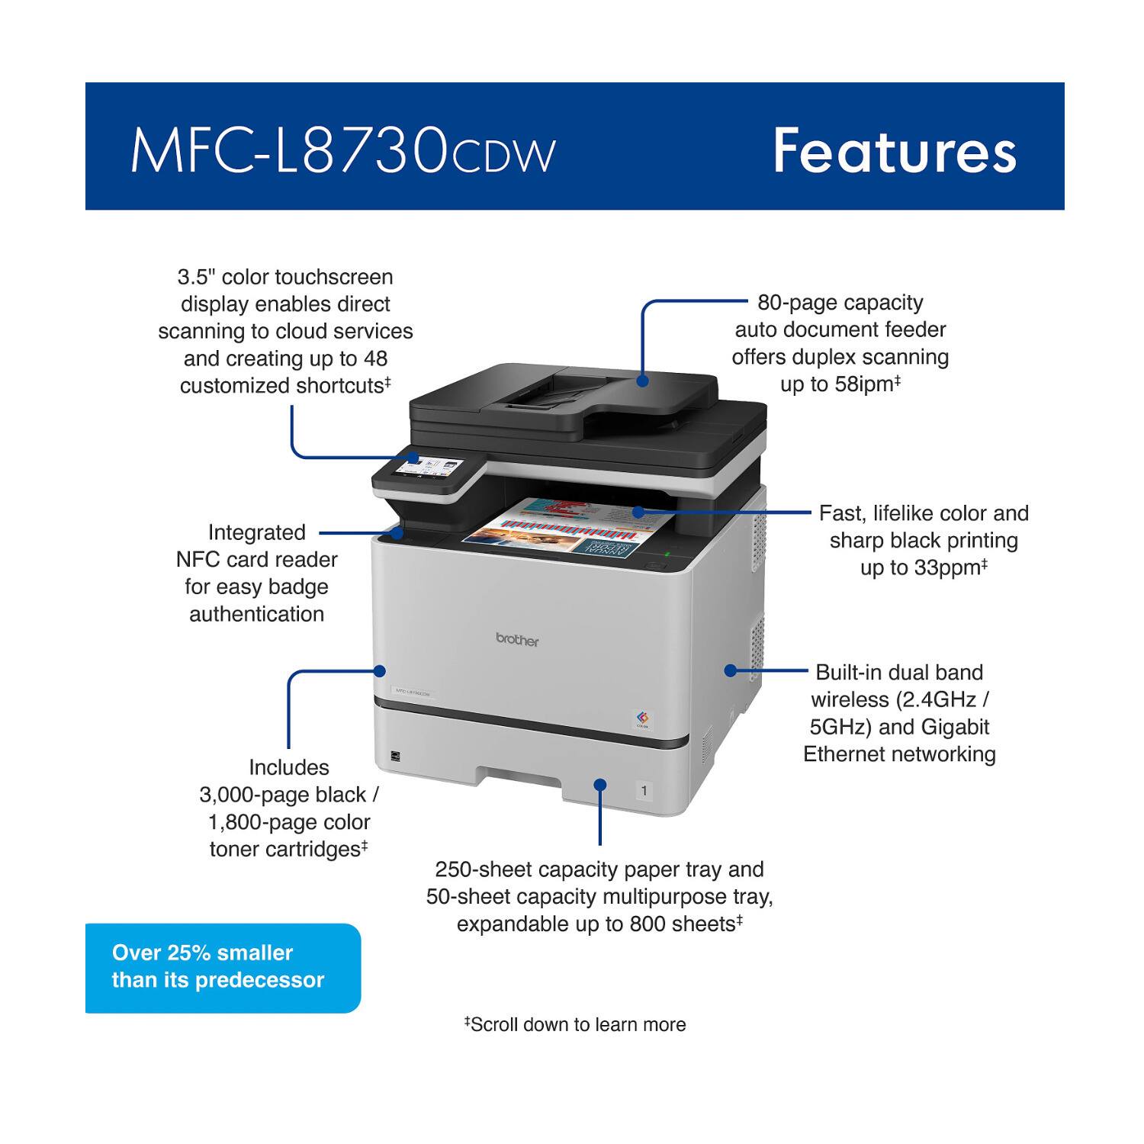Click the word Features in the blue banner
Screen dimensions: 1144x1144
coord(894,151)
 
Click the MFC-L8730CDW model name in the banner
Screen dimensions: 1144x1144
coord(343,151)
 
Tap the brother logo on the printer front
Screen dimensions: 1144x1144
coord(517,640)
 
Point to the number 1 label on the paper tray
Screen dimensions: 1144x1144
coord(644,791)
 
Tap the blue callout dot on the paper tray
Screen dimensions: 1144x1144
coord(600,785)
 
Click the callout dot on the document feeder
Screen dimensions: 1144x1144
coord(643,380)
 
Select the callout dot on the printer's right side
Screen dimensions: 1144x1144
coord(730,670)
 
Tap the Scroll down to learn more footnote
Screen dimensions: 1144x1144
coord(577,1024)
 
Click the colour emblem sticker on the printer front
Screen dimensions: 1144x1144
coord(643,718)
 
